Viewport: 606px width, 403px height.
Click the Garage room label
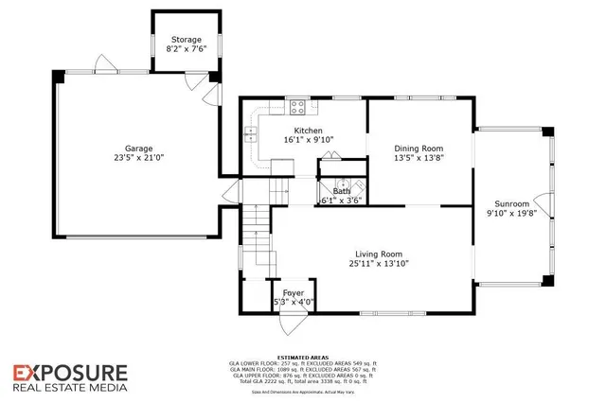click(x=139, y=149)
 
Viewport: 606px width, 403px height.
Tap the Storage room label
click(x=186, y=40)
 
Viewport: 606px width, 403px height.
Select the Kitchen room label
click(x=310, y=130)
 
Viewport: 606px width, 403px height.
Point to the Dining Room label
click(x=419, y=149)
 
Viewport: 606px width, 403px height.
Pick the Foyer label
click(x=294, y=293)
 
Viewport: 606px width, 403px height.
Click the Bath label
click(x=340, y=191)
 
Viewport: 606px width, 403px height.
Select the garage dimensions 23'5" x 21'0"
click(x=139, y=159)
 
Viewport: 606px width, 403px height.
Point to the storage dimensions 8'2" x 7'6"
click(x=186, y=49)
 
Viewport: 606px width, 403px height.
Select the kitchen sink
click(x=253, y=134)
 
